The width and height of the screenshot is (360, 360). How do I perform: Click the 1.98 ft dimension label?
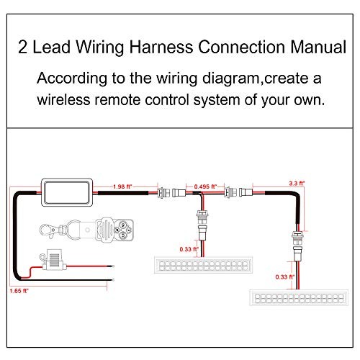pos(123,186)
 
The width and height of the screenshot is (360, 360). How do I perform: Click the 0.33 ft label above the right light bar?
pos(285,274)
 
